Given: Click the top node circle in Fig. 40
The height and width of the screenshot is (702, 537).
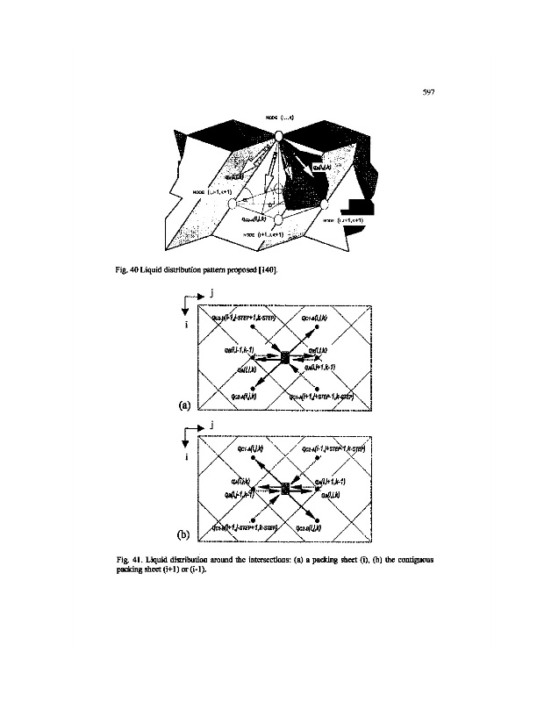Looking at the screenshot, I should tap(278, 136).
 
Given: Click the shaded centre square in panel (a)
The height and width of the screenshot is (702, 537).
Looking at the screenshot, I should tap(283, 357).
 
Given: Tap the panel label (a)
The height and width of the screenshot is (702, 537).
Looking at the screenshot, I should tap(185, 405).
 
